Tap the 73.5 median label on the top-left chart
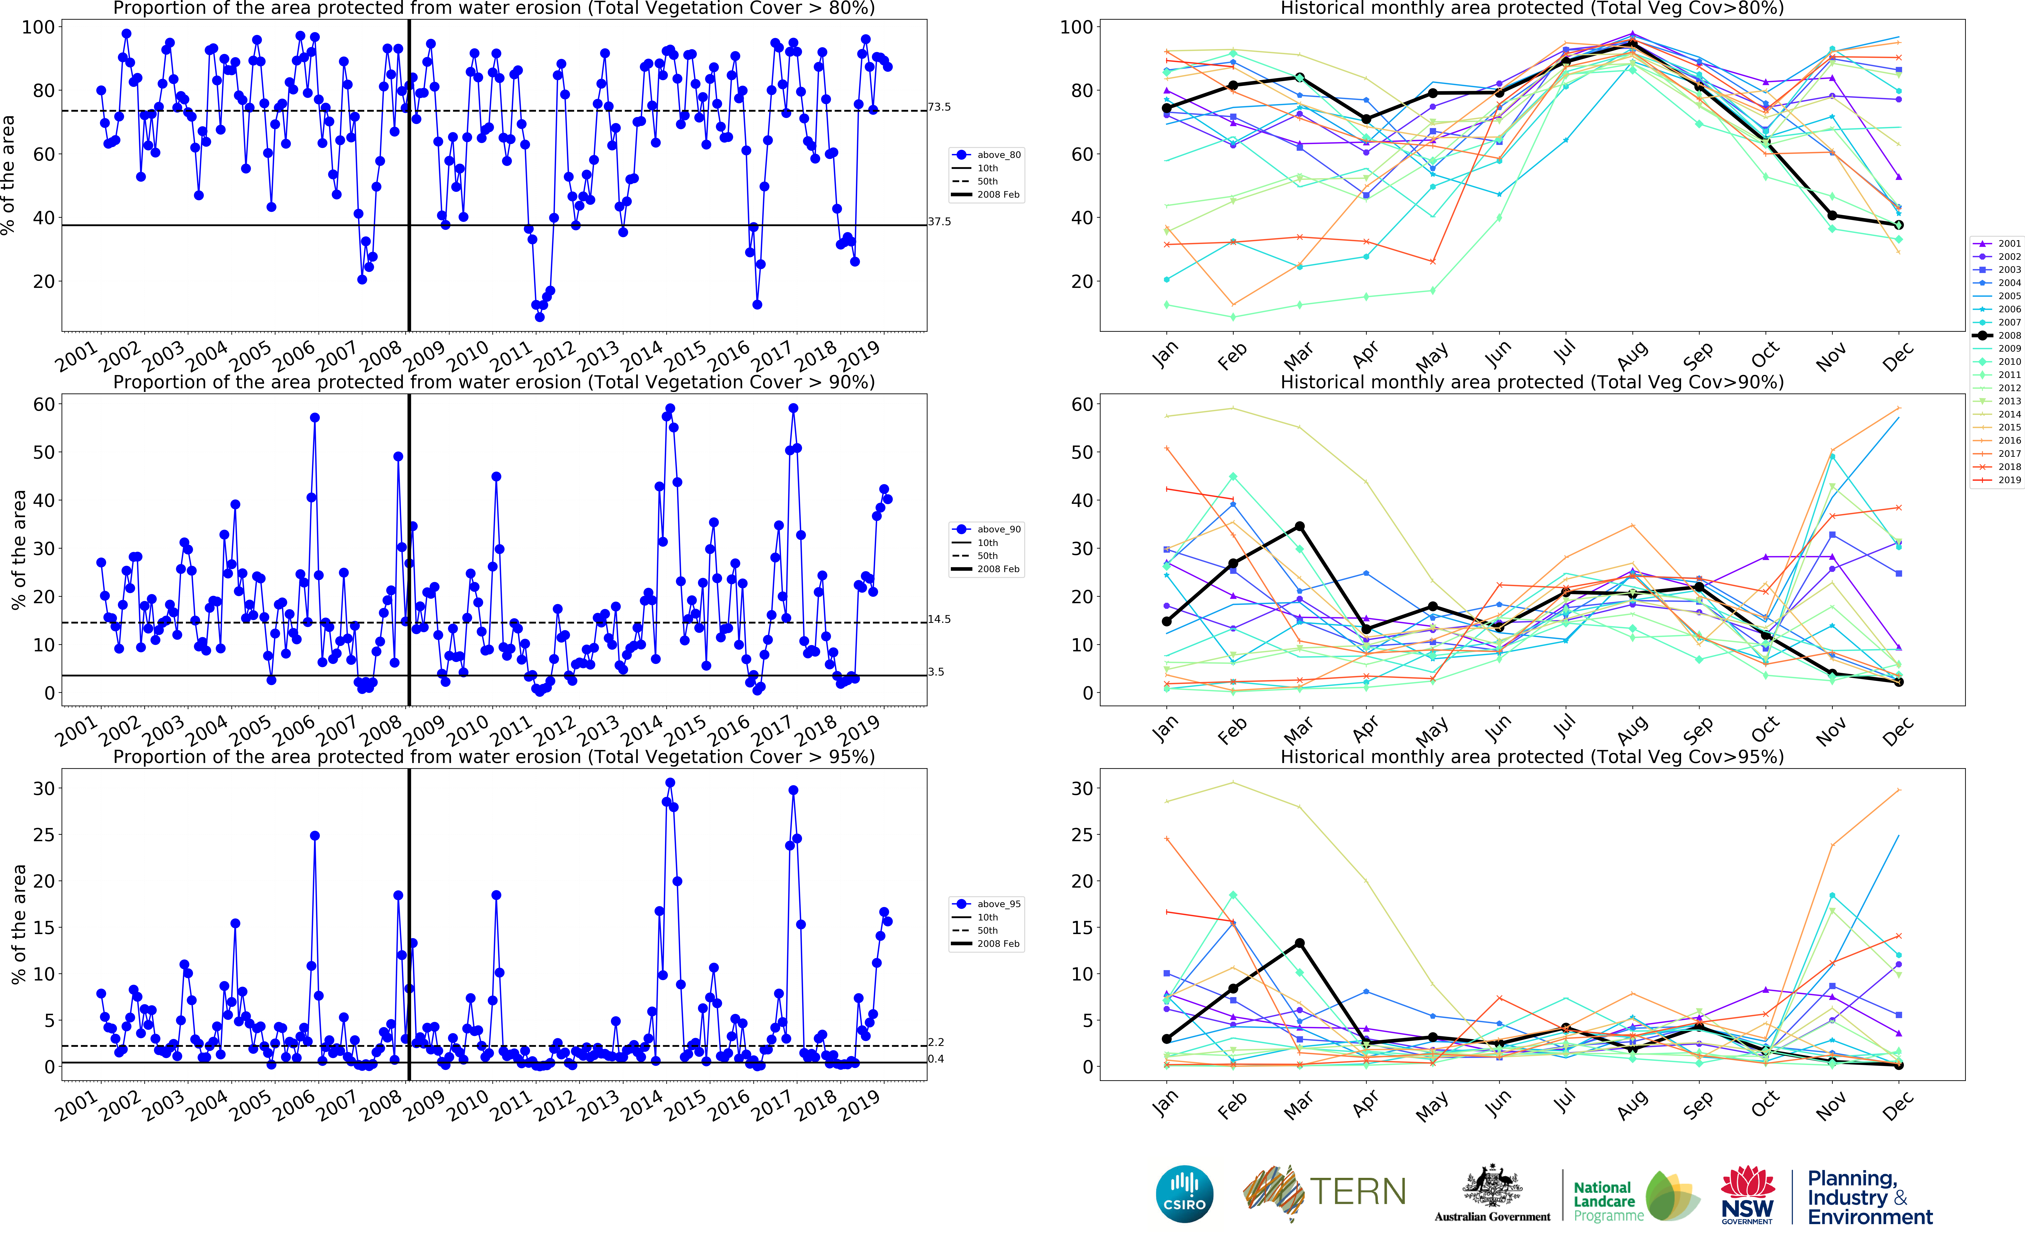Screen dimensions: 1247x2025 click(x=939, y=107)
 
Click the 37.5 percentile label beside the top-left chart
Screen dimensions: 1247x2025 click(x=939, y=222)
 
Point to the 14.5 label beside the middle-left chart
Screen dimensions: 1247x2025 click(x=939, y=619)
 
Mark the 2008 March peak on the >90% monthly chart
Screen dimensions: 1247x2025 click(x=1299, y=526)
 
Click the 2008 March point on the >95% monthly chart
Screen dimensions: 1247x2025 click(x=1299, y=943)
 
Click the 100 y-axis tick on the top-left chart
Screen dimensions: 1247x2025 click(x=38, y=27)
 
